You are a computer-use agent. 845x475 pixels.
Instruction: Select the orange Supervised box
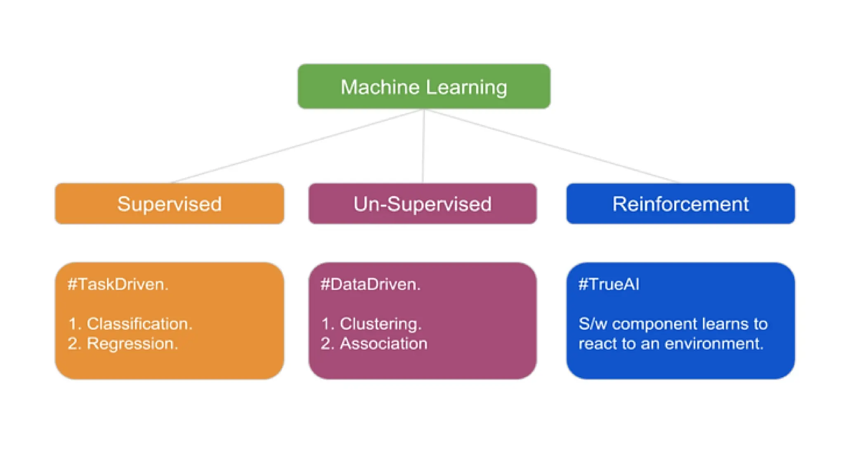169,204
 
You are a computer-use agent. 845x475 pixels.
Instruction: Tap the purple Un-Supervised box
422,204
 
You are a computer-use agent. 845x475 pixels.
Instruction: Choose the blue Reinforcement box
680,204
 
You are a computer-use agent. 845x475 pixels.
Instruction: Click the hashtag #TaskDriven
118,284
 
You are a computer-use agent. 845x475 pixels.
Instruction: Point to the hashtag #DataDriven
371,284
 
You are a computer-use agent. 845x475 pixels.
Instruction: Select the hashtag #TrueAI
609,284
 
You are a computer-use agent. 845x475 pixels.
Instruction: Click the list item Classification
139,324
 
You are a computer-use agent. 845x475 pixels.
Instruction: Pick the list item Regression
132,343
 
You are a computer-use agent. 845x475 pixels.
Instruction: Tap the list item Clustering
380,324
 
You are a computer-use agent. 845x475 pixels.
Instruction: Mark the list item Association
383,343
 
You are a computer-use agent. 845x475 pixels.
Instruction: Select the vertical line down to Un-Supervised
423,146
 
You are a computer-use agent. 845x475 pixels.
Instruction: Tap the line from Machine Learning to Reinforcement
551,146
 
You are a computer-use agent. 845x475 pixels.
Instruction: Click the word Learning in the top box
466,87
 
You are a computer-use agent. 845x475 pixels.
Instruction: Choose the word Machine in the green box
380,87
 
